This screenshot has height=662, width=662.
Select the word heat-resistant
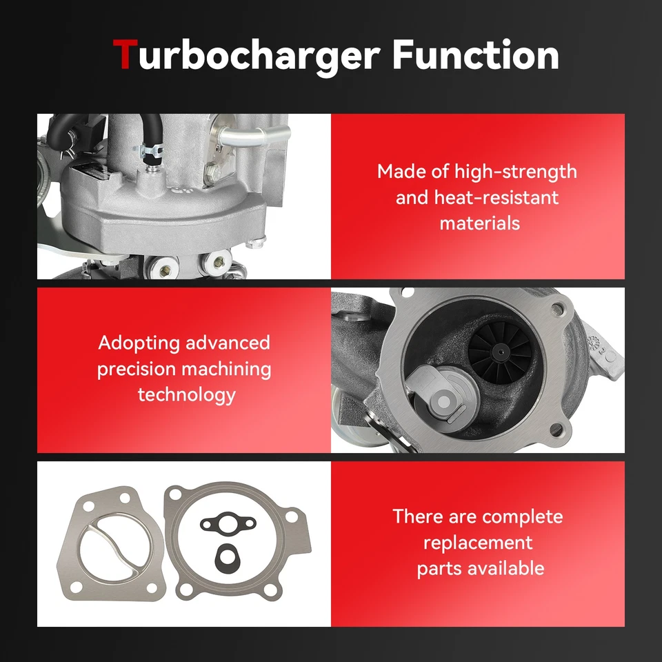(496, 198)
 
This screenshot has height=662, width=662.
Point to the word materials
(480, 223)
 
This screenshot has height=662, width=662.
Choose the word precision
(135, 369)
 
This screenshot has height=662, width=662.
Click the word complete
(523, 516)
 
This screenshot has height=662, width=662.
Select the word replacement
(478, 543)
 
